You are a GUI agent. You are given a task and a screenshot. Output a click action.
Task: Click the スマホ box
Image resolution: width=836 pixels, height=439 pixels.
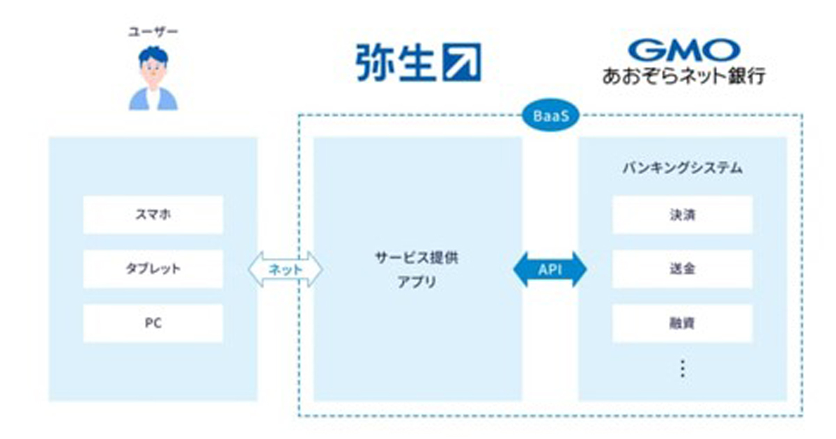153,215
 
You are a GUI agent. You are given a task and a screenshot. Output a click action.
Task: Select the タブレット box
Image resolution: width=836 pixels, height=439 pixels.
153,269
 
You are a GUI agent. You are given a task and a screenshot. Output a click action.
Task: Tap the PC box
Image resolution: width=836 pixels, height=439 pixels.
153,323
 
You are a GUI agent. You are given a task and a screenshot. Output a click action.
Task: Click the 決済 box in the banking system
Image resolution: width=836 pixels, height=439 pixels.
682,215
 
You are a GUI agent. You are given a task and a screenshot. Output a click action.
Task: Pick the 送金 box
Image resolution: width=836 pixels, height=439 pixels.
682,269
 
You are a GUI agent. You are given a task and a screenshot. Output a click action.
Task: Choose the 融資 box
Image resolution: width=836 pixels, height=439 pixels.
682,323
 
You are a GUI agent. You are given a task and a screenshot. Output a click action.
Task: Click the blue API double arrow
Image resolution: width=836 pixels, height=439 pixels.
550,270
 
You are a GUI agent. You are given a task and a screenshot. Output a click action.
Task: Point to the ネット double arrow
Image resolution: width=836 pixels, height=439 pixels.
286,269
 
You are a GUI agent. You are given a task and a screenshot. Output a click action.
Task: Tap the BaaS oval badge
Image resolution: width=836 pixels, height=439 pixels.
551,116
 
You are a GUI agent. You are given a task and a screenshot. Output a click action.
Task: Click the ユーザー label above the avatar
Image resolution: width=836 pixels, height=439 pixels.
153,32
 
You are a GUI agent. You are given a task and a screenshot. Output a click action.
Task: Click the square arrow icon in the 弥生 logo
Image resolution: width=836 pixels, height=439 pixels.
462,62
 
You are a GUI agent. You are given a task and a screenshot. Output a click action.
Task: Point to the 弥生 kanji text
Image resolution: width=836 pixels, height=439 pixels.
395,62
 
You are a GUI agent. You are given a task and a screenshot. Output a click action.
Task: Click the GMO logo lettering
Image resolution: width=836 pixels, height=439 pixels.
684,50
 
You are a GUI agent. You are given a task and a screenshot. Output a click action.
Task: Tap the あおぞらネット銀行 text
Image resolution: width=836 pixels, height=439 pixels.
684,76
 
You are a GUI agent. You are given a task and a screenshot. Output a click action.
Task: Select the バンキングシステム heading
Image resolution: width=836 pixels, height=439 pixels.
683,168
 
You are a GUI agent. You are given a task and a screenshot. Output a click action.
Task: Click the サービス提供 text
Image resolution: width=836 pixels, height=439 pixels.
417,258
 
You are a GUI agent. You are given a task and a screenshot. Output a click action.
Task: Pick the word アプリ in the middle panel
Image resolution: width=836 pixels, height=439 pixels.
417,282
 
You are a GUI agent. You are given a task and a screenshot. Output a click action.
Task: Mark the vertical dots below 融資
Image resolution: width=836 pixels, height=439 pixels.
683,369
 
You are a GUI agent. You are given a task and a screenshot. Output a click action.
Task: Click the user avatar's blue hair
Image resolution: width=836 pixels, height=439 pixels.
153,55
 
